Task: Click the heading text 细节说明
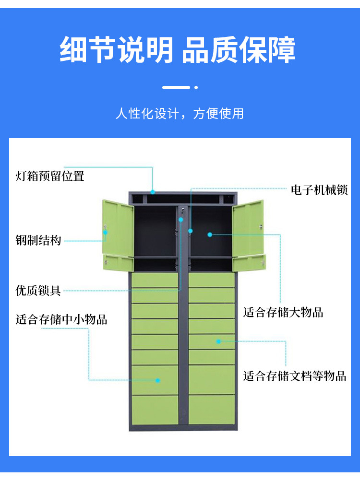click(x=116, y=50)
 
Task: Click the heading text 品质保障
click(x=239, y=50)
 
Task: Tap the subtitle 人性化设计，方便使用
click(x=180, y=114)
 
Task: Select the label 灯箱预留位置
click(x=50, y=176)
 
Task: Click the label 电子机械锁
click(x=319, y=190)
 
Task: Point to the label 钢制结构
click(x=38, y=240)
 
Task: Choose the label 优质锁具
click(x=38, y=290)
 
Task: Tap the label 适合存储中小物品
click(x=61, y=319)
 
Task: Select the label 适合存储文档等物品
click(x=295, y=375)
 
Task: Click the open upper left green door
click(x=117, y=228)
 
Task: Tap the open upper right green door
click(x=248, y=228)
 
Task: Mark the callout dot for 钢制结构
click(x=105, y=232)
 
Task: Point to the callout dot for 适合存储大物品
click(x=210, y=235)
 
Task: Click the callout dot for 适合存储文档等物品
click(x=218, y=341)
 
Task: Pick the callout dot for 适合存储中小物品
click(x=157, y=380)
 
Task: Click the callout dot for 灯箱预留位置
click(x=153, y=192)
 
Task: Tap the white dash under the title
click(x=176, y=88)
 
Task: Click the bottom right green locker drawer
click(x=212, y=410)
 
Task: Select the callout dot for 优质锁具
click(x=181, y=220)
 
